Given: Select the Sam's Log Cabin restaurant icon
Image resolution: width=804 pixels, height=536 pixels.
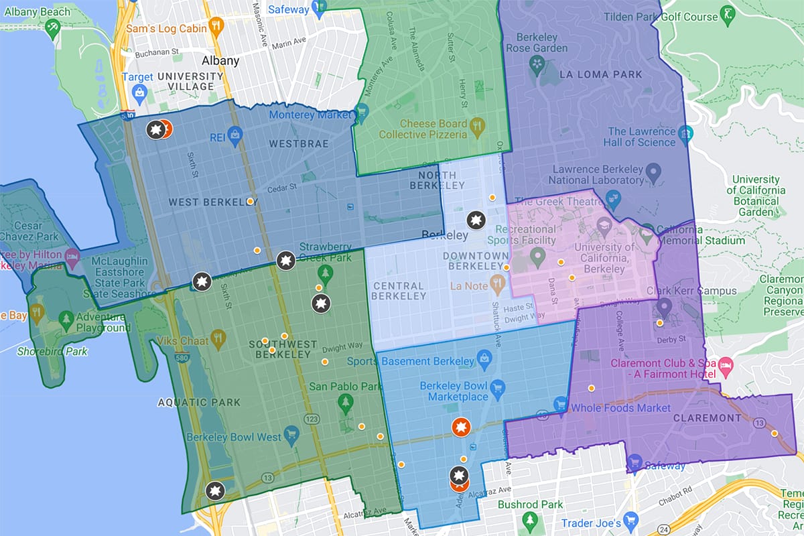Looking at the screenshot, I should (x=216, y=26).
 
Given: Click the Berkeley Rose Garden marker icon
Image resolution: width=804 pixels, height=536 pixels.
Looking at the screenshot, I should (x=536, y=64).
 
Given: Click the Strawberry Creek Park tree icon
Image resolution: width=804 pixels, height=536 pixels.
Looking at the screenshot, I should (x=326, y=273).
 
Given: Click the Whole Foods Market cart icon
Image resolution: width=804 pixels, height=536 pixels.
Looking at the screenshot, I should (x=560, y=403).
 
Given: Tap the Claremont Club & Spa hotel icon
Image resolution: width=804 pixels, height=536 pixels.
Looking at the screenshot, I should (x=726, y=364).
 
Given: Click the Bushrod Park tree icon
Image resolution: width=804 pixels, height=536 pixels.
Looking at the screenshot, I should (x=529, y=519).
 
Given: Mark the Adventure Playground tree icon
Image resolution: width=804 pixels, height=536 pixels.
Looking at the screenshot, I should (x=66, y=319).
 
